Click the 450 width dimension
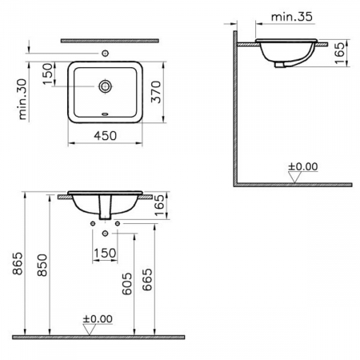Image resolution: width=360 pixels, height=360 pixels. click(x=105, y=137)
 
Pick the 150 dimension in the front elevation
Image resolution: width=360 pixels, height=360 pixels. click(x=106, y=254)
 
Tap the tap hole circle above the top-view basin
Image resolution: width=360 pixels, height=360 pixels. click(x=106, y=52)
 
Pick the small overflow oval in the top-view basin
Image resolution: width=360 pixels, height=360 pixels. click(x=106, y=114)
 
